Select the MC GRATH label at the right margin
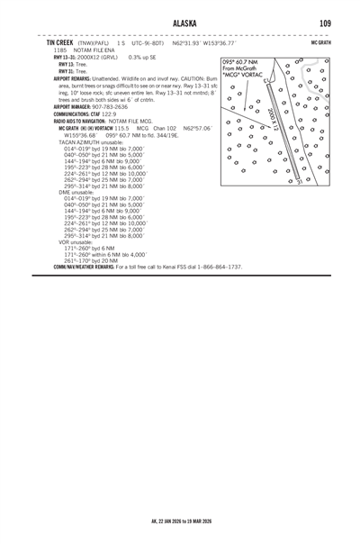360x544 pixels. pyautogui.click(x=320, y=41)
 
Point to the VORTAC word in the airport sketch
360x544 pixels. pyautogui.click(x=252, y=76)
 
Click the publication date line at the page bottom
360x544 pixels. pyautogui.click(x=180, y=521)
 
